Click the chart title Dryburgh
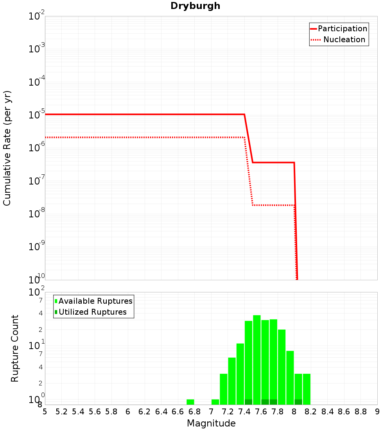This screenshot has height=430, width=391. tap(195, 6)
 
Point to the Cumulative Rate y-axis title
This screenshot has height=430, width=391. tap(7, 148)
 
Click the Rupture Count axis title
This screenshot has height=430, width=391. tap(15, 348)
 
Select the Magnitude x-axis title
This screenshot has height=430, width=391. tap(211, 423)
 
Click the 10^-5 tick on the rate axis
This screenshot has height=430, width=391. tap(37, 115)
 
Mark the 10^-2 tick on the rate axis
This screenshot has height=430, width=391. tap(37, 16)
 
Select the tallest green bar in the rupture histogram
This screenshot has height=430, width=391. tap(257, 360)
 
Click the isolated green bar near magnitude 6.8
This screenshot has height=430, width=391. tap(190, 402)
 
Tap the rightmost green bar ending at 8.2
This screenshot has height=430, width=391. tap(307, 389)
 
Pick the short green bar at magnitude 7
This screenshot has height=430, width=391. tap(215, 402)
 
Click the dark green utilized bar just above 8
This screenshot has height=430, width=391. tap(298, 402)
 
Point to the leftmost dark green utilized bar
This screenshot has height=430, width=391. tap(248, 402)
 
